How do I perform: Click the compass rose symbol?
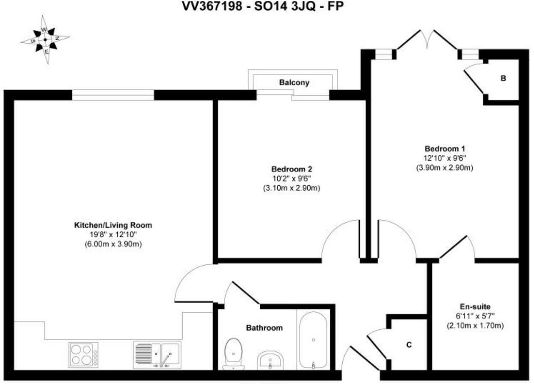click(45, 39)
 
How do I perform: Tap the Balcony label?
click(294, 82)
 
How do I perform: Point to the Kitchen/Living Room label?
click(113, 225)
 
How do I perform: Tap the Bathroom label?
click(264, 328)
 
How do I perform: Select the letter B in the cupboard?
click(504, 78)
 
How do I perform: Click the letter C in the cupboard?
click(409, 345)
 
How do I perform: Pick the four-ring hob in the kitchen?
click(83, 355)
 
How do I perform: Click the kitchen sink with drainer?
click(157, 355)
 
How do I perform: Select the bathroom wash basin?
click(270, 360)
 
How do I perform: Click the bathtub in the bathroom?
click(314, 340)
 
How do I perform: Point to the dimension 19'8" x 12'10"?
click(113, 235)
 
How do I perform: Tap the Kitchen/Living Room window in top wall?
click(113, 95)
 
